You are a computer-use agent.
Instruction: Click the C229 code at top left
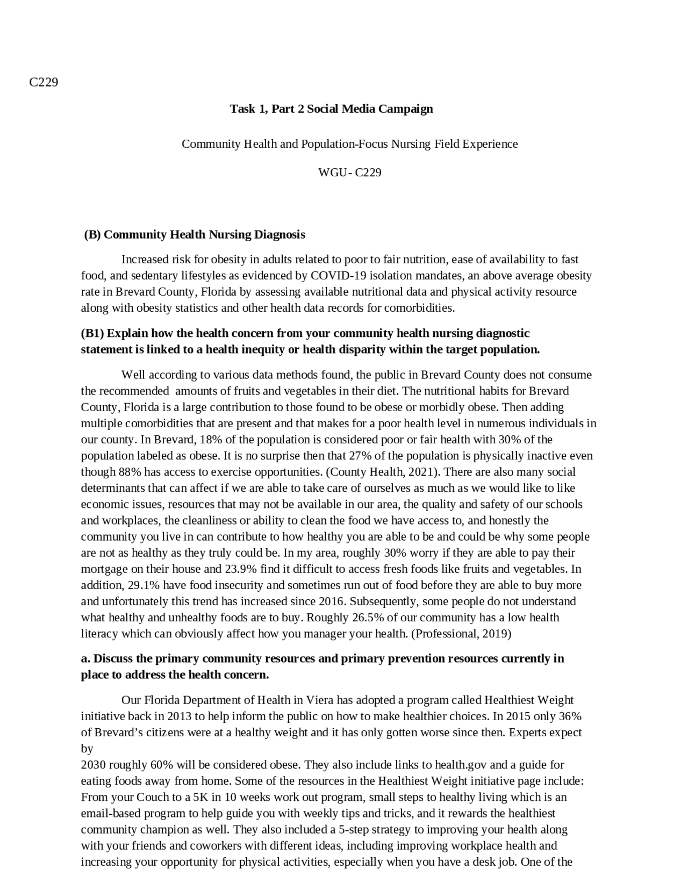[x=44, y=82]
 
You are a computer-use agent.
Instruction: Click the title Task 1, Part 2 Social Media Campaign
[x=331, y=109]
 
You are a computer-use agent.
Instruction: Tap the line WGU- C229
[x=349, y=173]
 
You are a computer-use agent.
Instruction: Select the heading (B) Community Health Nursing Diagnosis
[x=195, y=235]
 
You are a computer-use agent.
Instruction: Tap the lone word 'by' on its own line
[x=87, y=749]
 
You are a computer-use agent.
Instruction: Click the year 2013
[x=180, y=717]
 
